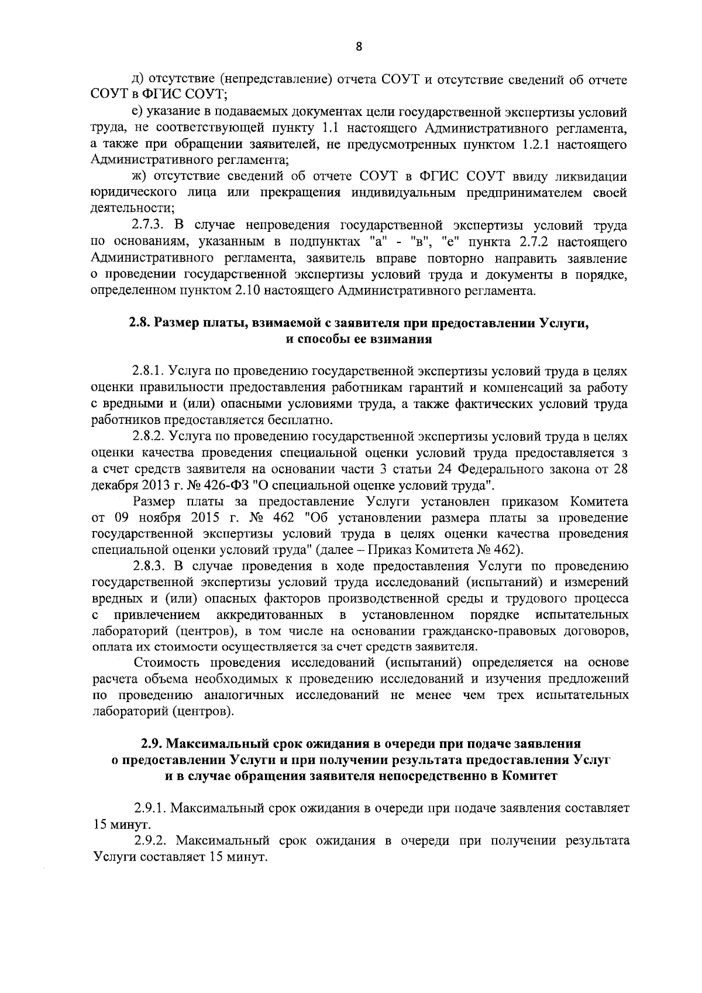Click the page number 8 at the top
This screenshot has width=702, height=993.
coord(358,47)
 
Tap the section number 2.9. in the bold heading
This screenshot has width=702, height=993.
coord(152,744)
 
